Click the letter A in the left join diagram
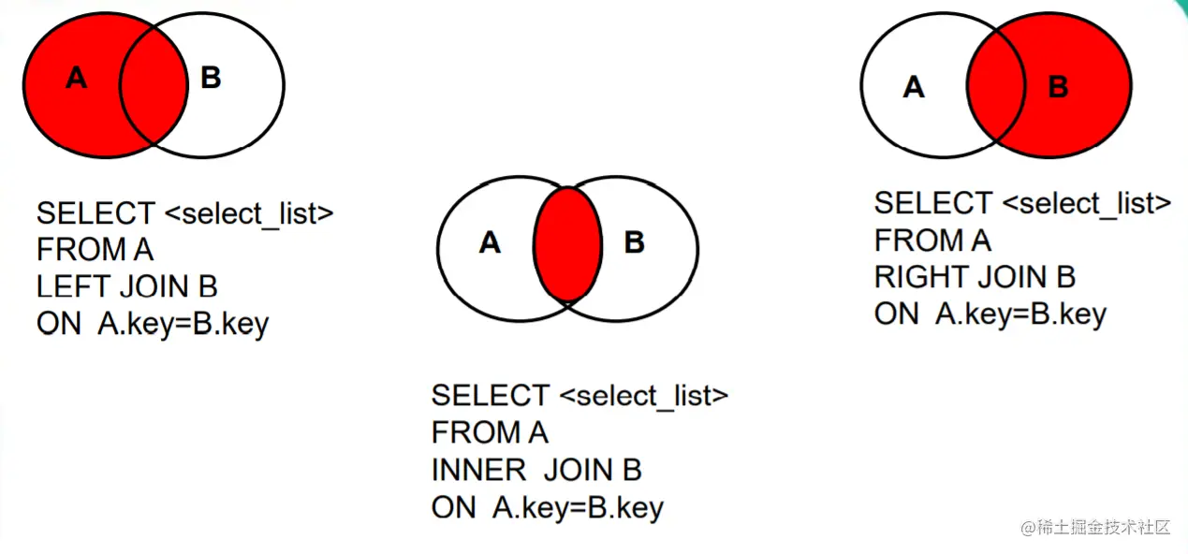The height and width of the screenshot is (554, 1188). pyautogui.click(x=77, y=79)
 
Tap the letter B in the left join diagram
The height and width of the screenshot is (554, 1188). pyautogui.click(x=211, y=78)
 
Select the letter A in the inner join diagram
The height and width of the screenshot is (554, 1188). pyautogui.click(x=490, y=243)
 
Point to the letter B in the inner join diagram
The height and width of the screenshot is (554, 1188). pyautogui.click(x=634, y=243)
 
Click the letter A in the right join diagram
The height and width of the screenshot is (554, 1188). pyautogui.click(x=914, y=88)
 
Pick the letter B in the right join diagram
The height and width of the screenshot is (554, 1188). pyautogui.click(x=1058, y=88)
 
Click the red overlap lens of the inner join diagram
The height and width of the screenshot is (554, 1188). pyautogui.click(x=567, y=244)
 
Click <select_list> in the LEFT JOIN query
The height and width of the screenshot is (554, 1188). pyautogui.click(x=248, y=213)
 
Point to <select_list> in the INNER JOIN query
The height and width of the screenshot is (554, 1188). pyautogui.click(x=643, y=396)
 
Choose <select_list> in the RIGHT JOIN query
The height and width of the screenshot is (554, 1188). pyautogui.click(x=1087, y=203)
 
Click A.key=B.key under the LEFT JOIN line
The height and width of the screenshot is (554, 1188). pyautogui.click(x=183, y=324)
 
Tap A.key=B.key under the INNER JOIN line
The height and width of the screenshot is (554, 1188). pyautogui.click(x=578, y=507)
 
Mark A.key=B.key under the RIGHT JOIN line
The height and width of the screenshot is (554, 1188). pyautogui.click(x=1020, y=314)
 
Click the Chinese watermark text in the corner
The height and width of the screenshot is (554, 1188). pyautogui.click(x=1095, y=527)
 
